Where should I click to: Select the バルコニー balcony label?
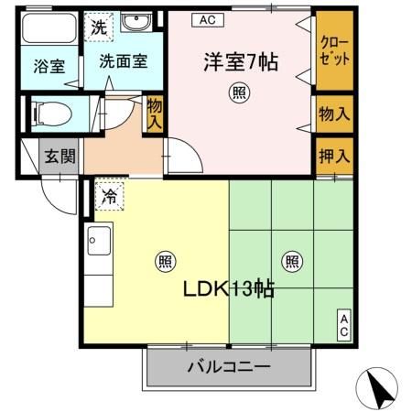[229, 367]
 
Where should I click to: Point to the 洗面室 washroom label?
[124, 64]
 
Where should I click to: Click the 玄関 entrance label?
[60, 157]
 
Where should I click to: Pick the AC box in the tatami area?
[344, 325]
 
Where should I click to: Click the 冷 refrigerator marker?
[109, 195]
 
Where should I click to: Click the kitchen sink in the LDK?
[97, 242]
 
